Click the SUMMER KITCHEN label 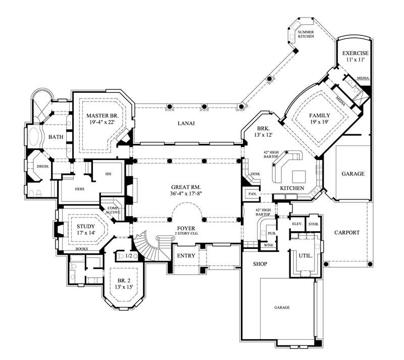click(306, 34)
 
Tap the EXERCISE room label click(355, 53)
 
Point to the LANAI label click(186, 123)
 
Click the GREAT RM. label click(186, 186)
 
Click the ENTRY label click(186, 255)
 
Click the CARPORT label click(347, 233)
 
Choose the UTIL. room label click(306, 255)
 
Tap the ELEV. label click(297, 224)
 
